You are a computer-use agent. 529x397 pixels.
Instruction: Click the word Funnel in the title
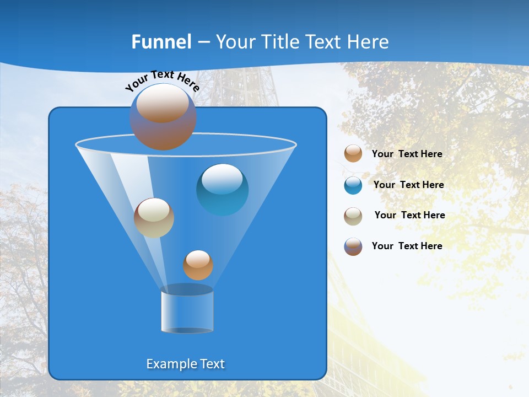(x=161, y=42)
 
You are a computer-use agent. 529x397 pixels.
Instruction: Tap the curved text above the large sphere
(x=162, y=81)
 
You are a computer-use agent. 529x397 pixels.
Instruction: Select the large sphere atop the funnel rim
(x=163, y=117)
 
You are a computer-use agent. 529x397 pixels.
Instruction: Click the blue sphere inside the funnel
(x=222, y=190)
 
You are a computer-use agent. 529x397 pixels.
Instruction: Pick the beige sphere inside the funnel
(x=154, y=218)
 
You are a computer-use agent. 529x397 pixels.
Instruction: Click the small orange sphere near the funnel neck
(x=198, y=265)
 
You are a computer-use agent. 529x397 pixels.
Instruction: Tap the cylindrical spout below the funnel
(x=187, y=310)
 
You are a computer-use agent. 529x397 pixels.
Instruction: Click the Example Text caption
(x=186, y=364)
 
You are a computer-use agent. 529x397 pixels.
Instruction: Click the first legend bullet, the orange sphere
(x=353, y=154)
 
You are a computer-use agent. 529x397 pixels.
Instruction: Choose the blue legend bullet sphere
(x=353, y=185)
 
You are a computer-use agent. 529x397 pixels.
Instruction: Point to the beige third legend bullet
(x=353, y=216)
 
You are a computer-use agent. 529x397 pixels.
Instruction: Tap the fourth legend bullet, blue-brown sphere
(x=353, y=246)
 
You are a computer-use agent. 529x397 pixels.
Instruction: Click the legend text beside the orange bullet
(x=407, y=154)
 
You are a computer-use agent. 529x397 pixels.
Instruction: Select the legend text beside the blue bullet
(x=408, y=185)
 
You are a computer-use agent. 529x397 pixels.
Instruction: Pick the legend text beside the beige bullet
(x=409, y=216)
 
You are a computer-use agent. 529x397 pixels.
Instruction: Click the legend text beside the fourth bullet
(x=407, y=246)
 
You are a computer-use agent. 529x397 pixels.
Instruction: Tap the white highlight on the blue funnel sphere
(x=222, y=179)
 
